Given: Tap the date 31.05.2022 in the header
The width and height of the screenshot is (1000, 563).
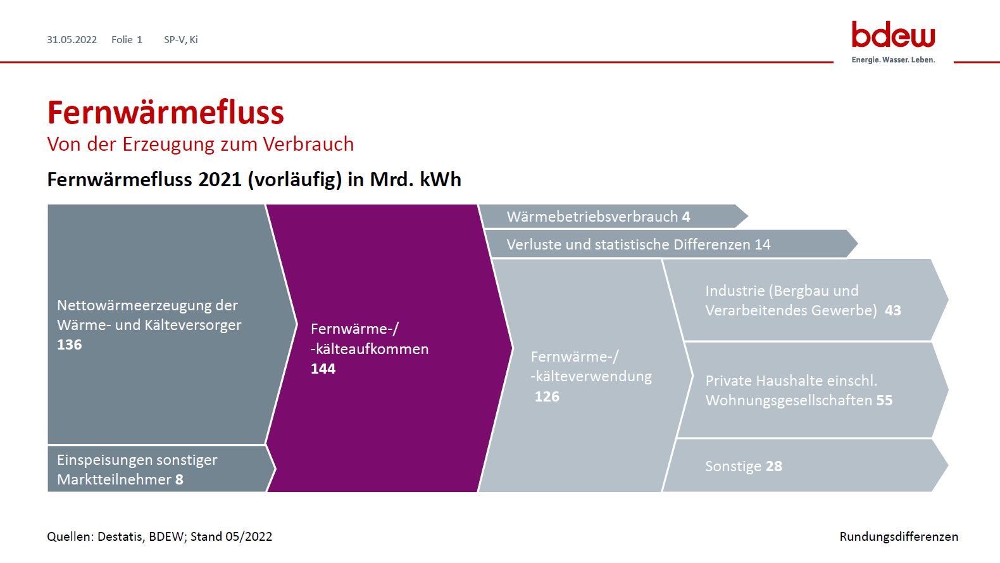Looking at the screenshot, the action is tap(72, 40).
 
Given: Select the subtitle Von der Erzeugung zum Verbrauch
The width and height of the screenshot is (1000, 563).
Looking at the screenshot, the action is tap(201, 144).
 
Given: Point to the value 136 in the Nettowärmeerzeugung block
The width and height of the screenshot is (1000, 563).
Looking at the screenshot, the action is tap(70, 345).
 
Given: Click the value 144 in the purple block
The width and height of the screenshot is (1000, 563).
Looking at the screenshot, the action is tap(323, 369).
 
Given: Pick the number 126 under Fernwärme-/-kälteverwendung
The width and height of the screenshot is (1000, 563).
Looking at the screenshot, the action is tap(547, 396).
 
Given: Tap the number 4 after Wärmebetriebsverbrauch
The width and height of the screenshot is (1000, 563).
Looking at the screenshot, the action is tap(686, 217).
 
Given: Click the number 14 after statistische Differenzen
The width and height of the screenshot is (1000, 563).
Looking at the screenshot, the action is tap(763, 244).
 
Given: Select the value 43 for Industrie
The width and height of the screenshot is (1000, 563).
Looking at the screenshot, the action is tap(893, 310).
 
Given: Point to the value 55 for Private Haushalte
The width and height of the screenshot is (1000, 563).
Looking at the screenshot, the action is tap(884, 400).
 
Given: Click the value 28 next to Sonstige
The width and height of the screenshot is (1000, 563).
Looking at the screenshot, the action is tap(774, 466).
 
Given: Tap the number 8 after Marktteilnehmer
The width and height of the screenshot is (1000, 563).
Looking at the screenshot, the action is tap(179, 479).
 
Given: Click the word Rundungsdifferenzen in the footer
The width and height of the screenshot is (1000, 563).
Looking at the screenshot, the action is tap(899, 536).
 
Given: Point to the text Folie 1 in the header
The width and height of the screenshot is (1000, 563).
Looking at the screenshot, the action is tap(127, 40).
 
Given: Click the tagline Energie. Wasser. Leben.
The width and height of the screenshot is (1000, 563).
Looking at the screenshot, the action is tap(893, 60).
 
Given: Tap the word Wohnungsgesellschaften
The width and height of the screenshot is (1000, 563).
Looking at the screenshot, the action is tap(789, 400).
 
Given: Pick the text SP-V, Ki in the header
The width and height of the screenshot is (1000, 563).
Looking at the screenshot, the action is tap(181, 40).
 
